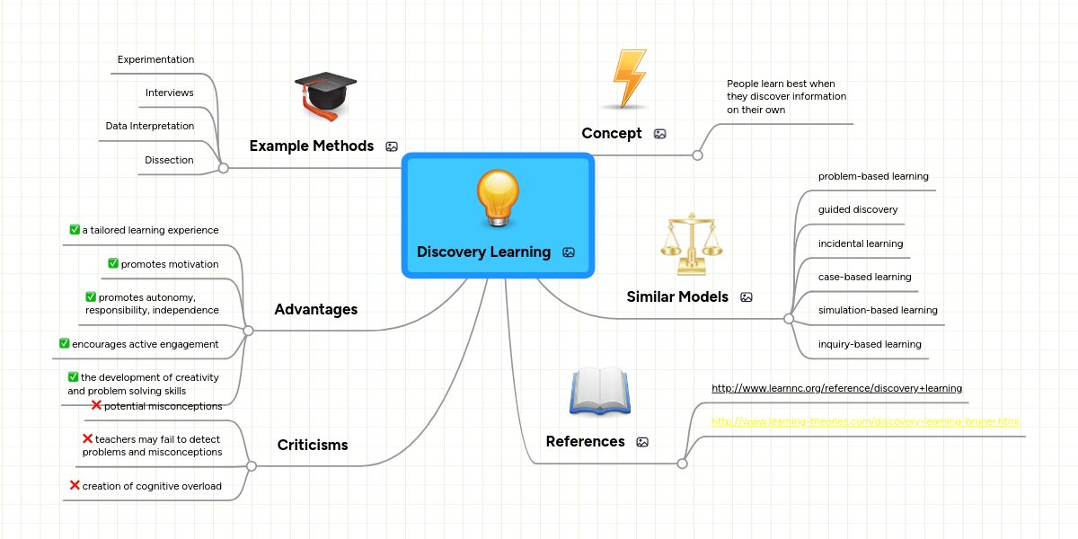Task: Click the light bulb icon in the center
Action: tap(498, 199)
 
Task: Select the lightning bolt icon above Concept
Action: tap(628, 79)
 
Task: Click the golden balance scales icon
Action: tap(691, 243)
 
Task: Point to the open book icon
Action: tap(600, 391)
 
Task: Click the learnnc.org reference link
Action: tap(836, 388)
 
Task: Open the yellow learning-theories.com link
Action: tap(865, 421)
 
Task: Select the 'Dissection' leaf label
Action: tap(169, 160)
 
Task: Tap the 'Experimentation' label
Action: tap(155, 59)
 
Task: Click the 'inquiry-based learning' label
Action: tap(870, 344)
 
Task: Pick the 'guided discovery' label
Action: tap(858, 209)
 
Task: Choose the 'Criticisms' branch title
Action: tap(313, 445)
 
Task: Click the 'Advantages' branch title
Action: tap(315, 309)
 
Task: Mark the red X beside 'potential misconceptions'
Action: tap(96, 405)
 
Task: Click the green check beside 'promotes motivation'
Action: tap(113, 263)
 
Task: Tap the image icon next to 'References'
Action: tap(642, 442)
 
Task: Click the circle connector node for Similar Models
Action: tap(789, 318)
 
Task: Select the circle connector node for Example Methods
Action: tap(224, 167)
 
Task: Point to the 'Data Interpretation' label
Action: tap(149, 126)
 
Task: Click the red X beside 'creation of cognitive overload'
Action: tap(75, 485)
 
